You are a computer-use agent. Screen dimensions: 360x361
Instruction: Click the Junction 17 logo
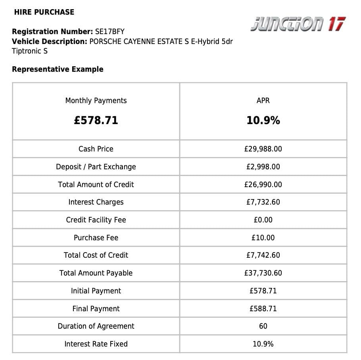[298, 24]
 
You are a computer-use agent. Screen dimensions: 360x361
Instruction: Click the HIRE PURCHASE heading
[44, 12]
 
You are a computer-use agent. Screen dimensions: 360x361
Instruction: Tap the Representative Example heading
[58, 69]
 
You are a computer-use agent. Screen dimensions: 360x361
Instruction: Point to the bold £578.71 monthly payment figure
[96, 121]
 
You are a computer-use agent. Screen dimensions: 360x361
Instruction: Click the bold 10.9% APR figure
[263, 121]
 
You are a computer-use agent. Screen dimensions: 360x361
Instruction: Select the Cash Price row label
[96, 149]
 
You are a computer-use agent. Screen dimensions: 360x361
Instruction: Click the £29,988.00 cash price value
[263, 149]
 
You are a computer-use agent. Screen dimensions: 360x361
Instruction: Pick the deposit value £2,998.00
[263, 167]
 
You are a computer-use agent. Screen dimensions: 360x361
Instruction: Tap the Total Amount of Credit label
[96, 185]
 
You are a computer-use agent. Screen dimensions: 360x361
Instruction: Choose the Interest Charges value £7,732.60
[263, 202]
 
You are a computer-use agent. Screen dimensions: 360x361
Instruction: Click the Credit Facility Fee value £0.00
[263, 220]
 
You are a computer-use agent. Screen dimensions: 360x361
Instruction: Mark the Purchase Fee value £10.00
[263, 238]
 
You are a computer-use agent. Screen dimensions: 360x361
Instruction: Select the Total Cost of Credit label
[96, 255]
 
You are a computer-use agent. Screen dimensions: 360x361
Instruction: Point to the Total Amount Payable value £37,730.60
[263, 273]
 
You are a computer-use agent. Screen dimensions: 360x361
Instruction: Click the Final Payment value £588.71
[263, 309]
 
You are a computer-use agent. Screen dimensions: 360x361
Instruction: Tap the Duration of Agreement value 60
[263, 326]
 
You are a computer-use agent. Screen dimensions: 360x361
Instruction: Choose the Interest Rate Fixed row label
[96, 344]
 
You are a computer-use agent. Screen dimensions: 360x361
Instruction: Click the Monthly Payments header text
[96, 101]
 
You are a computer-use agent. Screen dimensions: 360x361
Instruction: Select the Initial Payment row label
[96, 291]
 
